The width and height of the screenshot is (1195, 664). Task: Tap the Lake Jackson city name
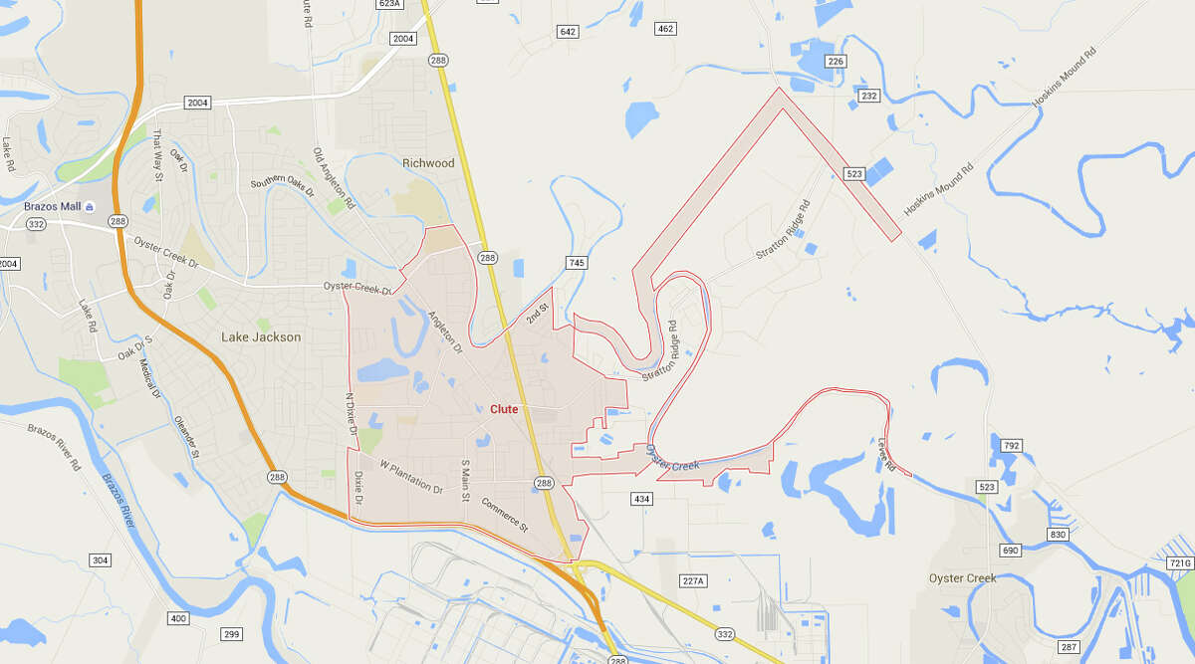pos(260,337)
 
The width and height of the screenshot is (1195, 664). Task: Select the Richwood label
pos(428,163)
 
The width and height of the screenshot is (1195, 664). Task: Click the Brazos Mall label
pos(52,206)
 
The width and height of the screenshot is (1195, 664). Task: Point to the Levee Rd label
pos(886,455)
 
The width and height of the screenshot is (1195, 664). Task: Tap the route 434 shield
pos(642,498)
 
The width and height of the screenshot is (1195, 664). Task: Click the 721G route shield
pos(1180,563)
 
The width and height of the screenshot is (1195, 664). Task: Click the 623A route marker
pos(389,4)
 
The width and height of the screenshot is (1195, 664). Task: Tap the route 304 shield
pos(100,560)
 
